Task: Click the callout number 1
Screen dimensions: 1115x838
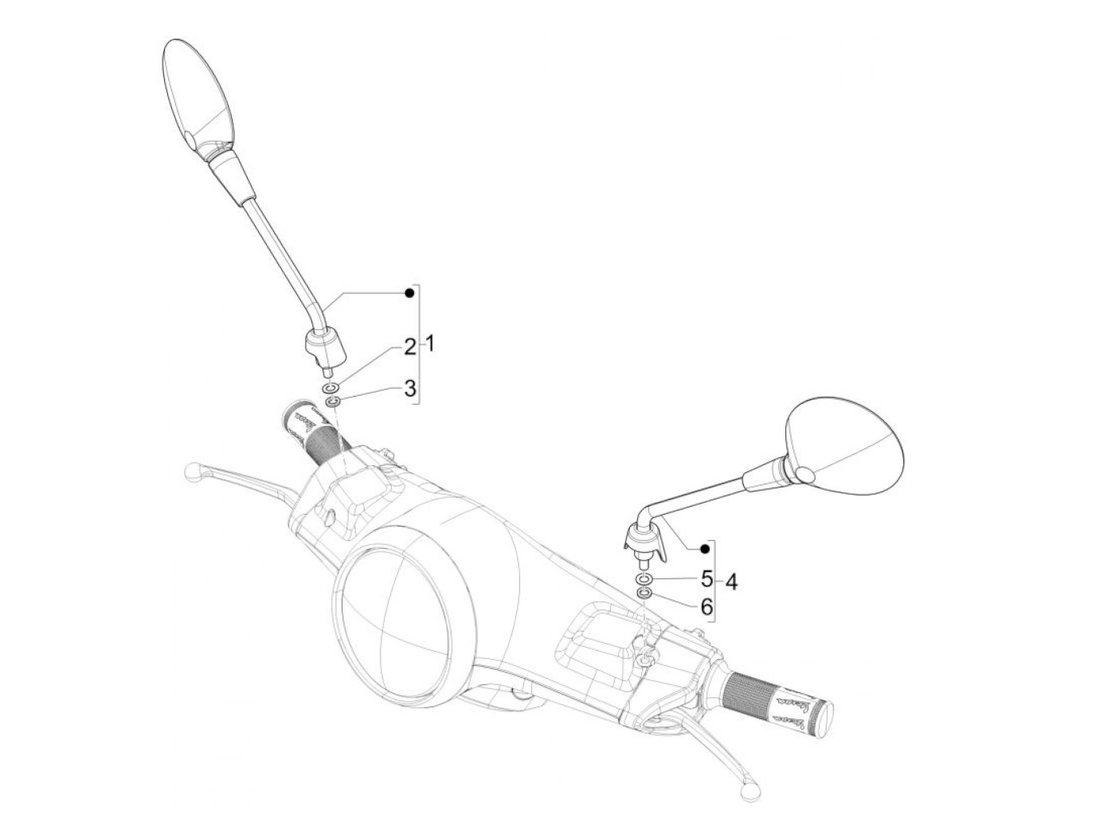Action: point(428,345)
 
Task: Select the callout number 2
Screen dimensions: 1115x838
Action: point(409,347)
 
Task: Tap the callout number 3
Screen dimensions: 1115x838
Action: point(409,389)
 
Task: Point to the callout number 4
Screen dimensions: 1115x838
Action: point(730,582)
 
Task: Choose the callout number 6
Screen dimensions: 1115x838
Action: point(706,607)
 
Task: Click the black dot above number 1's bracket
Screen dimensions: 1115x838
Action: point(409,293)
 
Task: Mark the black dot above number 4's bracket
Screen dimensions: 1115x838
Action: point(704,549)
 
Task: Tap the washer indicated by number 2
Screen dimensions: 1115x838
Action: point(332,387)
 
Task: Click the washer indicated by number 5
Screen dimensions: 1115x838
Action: point(644,578)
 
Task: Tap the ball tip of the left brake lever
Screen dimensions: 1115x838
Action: point(191,471)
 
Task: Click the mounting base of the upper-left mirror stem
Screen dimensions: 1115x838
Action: point(325,348)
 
